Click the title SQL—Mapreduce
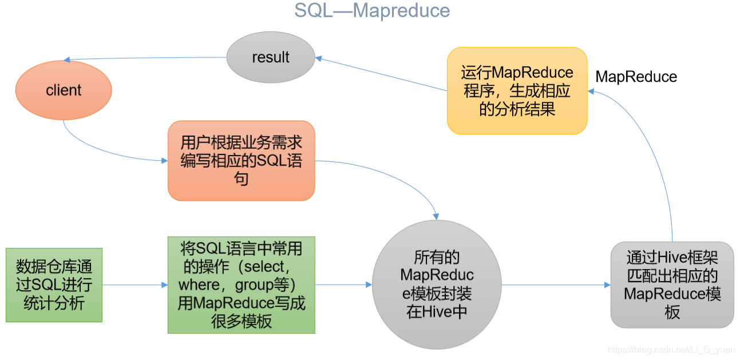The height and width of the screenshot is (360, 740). click(x=372, y=10)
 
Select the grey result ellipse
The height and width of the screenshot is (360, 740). click(x=271, y=57)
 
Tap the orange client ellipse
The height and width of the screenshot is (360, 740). click(x=64, y=90)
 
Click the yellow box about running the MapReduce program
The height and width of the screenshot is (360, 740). click(x=517, y=90)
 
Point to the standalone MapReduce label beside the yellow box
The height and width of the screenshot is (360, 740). click(x=636, y=77)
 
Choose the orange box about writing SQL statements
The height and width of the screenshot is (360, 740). click(x=241, y=160)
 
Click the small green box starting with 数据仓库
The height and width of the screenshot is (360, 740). click(x=54, y=284)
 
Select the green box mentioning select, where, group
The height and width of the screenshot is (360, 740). click(x=241, y=284)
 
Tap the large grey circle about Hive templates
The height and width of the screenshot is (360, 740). click(x=437, y=284)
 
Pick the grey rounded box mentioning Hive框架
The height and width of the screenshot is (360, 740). click(x=672, y=284)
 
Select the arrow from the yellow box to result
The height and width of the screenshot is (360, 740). click(x=381, y=74)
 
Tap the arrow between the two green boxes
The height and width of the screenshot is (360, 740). click(x=134, y=284)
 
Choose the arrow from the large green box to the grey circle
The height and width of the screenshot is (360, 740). click(x=343, y=284)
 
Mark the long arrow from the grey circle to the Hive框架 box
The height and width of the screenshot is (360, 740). click(x=555, y=284)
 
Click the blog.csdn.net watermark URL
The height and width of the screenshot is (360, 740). click(x=671, y=350)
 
